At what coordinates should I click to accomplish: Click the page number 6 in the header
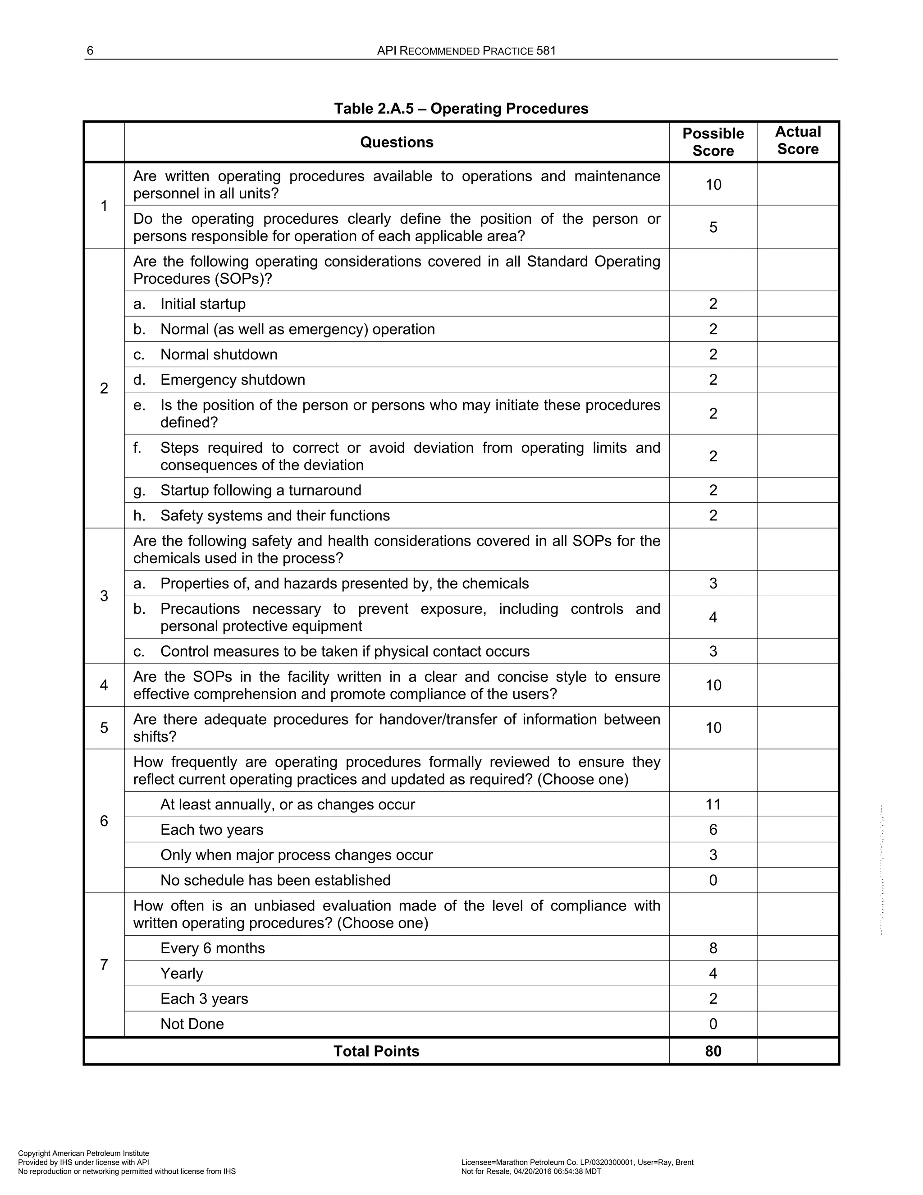(x=90, y=51)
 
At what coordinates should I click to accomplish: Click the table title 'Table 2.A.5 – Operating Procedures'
(x=461, y=108)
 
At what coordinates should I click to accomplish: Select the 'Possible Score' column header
(x=713, y=142)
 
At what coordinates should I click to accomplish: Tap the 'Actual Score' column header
(x=797, y=141)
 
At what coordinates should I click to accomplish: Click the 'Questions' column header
(x=397, y=142)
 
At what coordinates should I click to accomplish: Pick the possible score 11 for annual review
(x=713, y=804)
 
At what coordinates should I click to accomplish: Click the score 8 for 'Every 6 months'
(x=713, y=948)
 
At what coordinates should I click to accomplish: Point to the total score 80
(x=713, y=1051)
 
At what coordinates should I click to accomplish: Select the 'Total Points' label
(x=376, y=1051)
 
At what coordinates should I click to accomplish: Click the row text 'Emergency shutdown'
(x=233, y=380)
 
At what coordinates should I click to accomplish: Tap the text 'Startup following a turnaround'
(x=260, y=490)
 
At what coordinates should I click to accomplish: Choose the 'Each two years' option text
(x=212, y=830)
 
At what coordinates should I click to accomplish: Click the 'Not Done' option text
(x=192, y=1024)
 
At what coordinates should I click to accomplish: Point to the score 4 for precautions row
(x=713, y=617)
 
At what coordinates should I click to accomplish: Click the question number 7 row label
(x=104, y=965)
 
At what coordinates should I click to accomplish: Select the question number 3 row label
(x=104, y=596)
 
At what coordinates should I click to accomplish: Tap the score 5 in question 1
(x=713, y=227)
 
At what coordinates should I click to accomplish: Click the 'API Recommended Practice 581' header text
(x=466, y=51)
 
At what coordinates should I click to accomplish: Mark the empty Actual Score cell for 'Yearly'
(x=797, y=974)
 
